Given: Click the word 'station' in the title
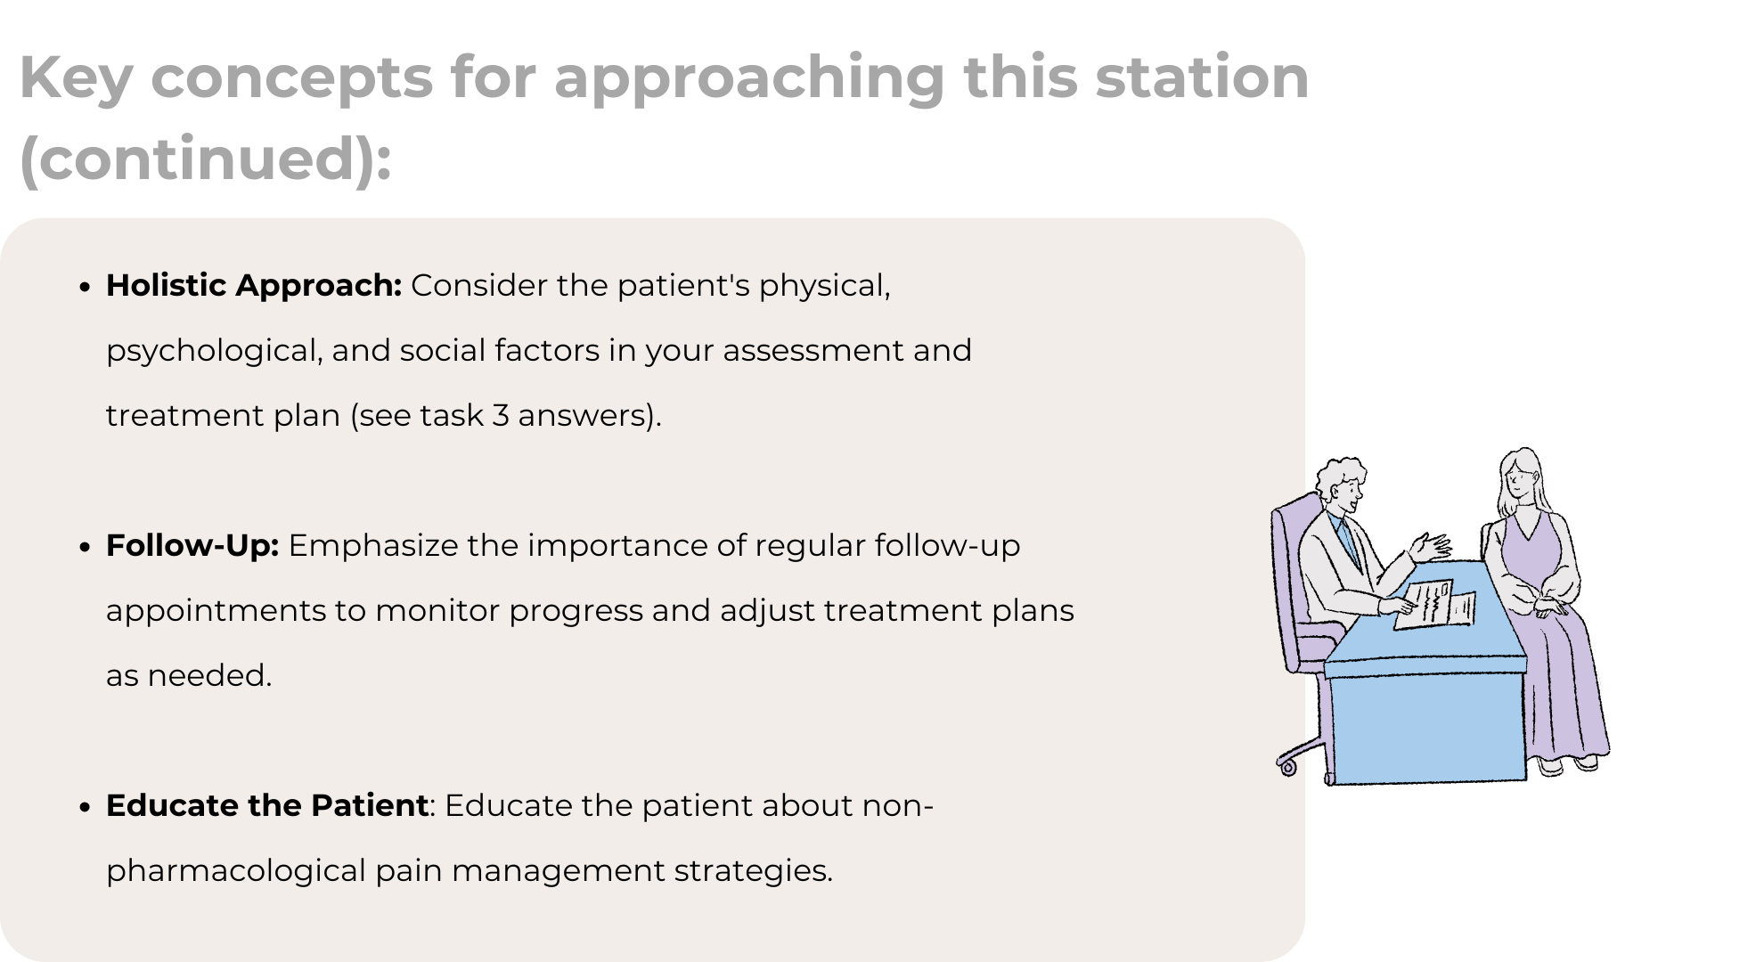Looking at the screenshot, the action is [1202, 77].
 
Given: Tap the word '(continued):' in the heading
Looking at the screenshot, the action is [206, 158].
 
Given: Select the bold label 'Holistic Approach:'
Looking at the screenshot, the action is [254, 285].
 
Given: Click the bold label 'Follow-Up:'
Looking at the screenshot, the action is [192, 545].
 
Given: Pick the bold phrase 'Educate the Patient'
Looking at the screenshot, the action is [267, 805].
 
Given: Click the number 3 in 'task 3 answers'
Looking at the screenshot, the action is [501, 416].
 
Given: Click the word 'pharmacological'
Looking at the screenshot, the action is [236, 871].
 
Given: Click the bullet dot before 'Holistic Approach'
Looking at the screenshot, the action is [86, 287].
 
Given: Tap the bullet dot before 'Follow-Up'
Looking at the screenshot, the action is [86, 547].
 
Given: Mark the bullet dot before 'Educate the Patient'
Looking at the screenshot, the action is [86, 807].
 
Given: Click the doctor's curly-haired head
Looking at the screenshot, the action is [1340, 486].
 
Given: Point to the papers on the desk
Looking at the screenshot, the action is [1434, 605].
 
